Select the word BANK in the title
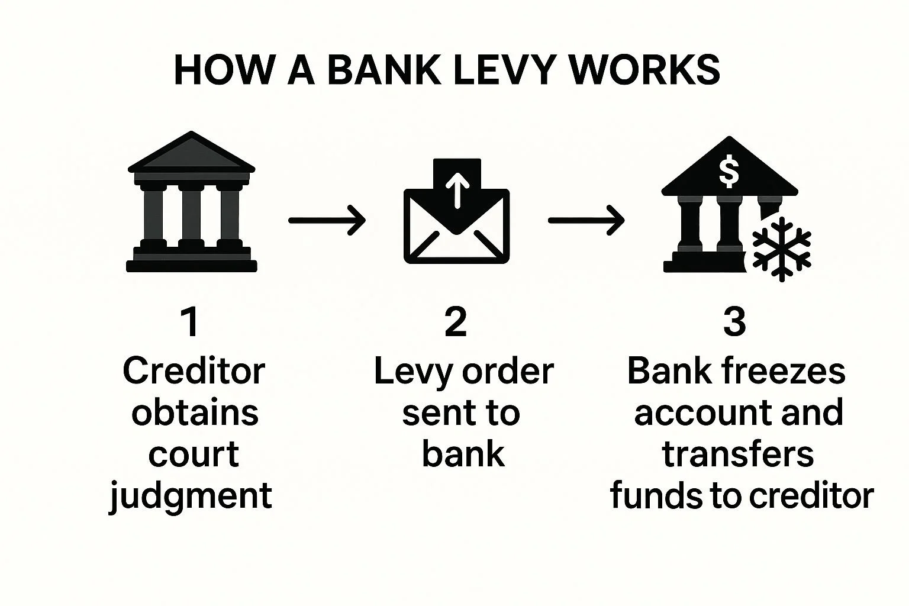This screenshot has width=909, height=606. point(383,70)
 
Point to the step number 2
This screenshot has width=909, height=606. point(456,323)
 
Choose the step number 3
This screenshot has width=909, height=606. point(734,323)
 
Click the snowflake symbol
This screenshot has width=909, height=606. point(781,249)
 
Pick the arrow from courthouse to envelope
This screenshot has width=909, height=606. point(327,220)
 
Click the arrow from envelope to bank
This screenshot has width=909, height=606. point(586,220)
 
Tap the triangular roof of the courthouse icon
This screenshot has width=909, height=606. point(191,153)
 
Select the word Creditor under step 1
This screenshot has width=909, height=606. point(194,372)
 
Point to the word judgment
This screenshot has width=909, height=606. point(191,496)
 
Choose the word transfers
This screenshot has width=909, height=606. point(738,454)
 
